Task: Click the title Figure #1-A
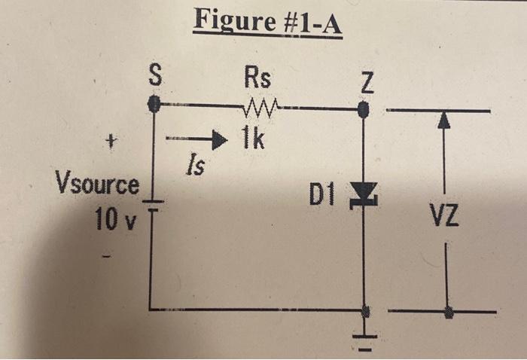point(267,23)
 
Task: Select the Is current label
point(194,165)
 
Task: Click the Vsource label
point(98,184)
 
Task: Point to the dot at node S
point(154,105)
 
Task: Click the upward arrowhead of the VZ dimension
point(446,121)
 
